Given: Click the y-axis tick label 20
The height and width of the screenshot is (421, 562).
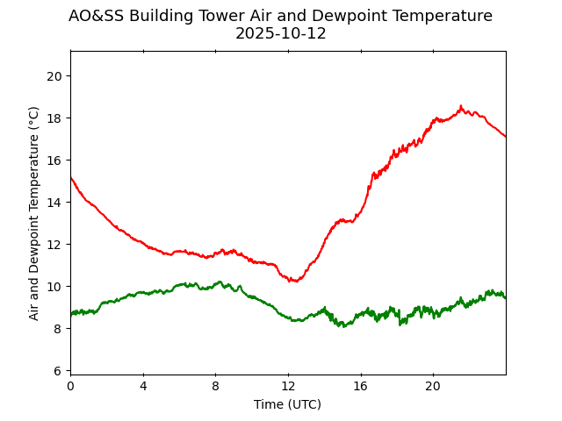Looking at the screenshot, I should [x=54, y=76].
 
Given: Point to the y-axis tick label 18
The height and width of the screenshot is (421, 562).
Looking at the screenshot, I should [x=54, y=118].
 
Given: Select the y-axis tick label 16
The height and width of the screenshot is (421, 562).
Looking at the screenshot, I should [x=54, y=161].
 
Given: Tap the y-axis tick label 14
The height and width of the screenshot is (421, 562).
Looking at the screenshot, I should [x=54, y=203].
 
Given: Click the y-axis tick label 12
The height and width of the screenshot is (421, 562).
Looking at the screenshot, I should [x=54, y=245].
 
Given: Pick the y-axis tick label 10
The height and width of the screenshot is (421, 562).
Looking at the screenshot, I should [x=54, y=287].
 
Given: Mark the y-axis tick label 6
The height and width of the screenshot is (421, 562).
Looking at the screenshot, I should [x=58, y=371].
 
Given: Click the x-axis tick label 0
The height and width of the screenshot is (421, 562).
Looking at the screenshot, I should [x=70, y=386].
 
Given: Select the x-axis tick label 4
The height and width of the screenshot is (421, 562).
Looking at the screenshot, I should [x=143, y=386].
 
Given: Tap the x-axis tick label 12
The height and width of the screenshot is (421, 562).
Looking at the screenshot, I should [x=288, y=386].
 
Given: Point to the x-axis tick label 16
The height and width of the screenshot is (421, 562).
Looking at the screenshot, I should [x=361, y=386].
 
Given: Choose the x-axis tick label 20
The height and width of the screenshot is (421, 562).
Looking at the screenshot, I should [x=433, y=386].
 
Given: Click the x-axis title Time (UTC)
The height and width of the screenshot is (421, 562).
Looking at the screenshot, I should [x=288, y=404].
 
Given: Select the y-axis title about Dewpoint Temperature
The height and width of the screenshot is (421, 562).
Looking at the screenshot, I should [x=34, y=213].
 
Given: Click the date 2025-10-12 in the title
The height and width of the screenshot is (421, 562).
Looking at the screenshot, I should [x=281, y=34].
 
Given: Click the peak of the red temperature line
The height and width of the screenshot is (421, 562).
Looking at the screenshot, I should [x=461, y=107].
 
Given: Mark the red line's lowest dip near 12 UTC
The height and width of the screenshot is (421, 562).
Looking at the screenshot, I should [x=294, y=281].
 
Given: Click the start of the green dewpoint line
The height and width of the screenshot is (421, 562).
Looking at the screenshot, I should [x=71, y=313].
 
